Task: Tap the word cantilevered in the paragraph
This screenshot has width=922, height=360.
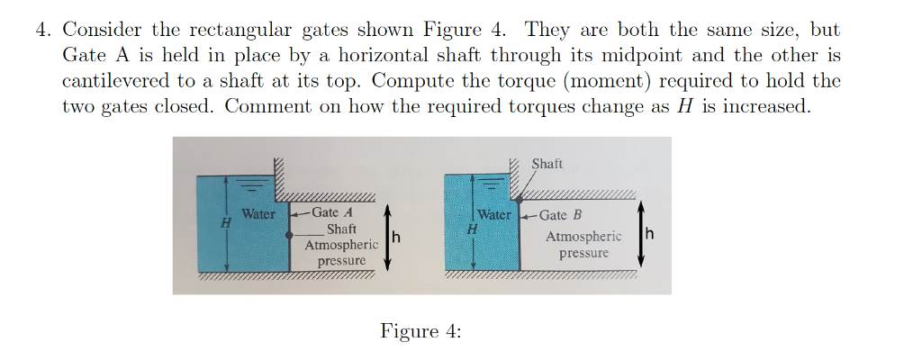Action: pos(114,80)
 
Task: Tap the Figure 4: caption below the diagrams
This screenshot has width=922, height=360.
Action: pos(420,330)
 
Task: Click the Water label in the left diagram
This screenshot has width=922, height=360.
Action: pos(258,214)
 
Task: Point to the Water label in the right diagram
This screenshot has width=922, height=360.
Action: pos(494,215)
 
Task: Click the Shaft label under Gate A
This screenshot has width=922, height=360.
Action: pos(341,229)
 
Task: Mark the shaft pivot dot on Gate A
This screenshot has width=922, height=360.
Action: pos(289,234)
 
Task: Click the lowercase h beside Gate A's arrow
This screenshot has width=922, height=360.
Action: pos(395,238)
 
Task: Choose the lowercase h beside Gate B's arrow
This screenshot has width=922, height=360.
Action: pos(650,237)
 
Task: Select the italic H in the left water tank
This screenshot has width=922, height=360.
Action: pos(226,220)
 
